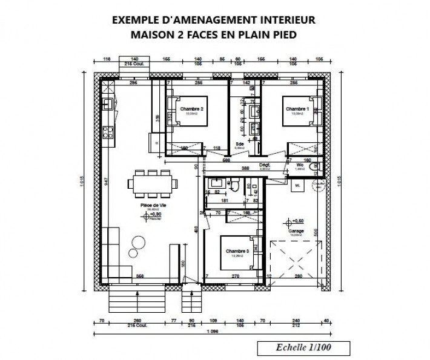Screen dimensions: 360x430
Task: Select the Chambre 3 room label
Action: (x=237, y=250)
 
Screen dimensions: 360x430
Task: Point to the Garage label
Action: (x=296, y=230)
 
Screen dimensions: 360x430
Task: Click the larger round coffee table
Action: (x=137, y=242)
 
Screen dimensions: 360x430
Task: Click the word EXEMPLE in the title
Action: (x=136, y=20)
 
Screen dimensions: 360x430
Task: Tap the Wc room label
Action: (x=299, y=164)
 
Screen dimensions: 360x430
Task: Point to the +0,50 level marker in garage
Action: (x=297, y=221)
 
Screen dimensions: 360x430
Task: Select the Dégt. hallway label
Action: (x=264, y=164)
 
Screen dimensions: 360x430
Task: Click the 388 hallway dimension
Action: (x=245, y=168)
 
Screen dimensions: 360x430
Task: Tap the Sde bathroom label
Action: (x=240, y=144)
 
